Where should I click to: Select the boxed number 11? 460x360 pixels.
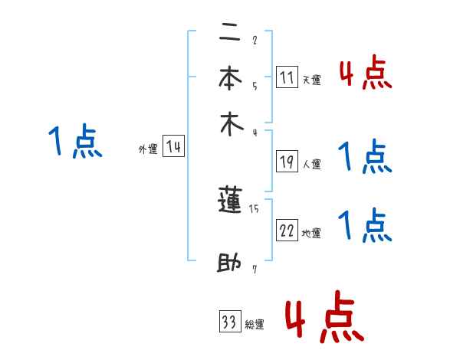coord(287,77)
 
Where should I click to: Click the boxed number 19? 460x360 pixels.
coord(287,161)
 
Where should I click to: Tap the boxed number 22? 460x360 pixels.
coord(287,231)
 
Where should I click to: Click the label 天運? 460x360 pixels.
coord(311,80)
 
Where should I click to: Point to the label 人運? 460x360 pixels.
coord(311,164)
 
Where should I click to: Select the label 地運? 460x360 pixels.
coord(311,234)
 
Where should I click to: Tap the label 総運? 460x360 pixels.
coord(255,325)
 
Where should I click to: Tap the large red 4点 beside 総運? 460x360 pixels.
coord(324,316)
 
